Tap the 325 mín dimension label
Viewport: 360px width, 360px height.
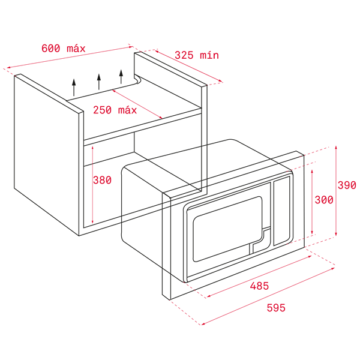pyautogui.click(x=197, y=55)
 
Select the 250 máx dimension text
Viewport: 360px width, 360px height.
pyautogui.click(x=115, y=110)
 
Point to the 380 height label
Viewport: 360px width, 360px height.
pyautogui.click(x=102, y=180)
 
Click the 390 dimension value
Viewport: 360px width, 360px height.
pyautogui.click(x=346, y=185)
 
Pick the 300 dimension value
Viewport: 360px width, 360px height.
pyautogui.click(x=324, y=200)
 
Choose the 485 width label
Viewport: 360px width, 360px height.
pyautogui.click(x=259, y=286)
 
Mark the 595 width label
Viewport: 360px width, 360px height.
pyautogui.click(x=276, y=308)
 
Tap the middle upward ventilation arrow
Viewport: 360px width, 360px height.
pyautogui.click(x=98, y=82)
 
